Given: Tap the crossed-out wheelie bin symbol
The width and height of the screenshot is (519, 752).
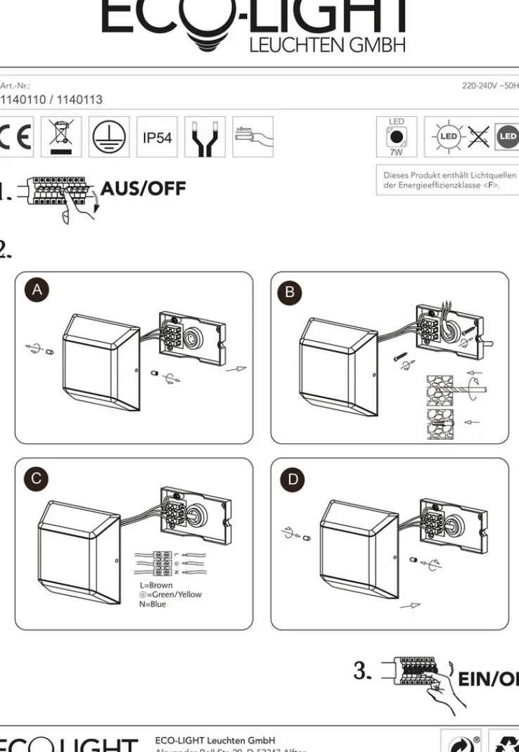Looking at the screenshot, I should [61, 136].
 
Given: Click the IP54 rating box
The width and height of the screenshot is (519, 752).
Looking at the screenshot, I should [157, 137].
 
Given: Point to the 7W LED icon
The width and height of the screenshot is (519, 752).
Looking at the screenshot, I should [397, 136].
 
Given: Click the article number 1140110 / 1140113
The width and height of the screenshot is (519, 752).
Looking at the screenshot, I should [51, 100].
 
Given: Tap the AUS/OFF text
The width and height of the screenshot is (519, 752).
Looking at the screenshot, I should [143, 189].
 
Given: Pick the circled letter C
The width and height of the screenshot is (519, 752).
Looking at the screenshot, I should [37, 479].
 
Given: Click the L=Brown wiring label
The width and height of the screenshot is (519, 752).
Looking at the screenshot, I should [156, 585].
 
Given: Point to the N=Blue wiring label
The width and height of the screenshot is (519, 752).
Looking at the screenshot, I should [153, 604].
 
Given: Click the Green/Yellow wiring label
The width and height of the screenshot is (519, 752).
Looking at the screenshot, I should [170, 594].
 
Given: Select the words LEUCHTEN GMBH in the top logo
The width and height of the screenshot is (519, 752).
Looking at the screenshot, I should [328, 46].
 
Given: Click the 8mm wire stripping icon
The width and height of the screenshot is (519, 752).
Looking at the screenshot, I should [252, 136].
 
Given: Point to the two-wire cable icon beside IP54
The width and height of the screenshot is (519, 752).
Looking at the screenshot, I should [205, 137].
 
